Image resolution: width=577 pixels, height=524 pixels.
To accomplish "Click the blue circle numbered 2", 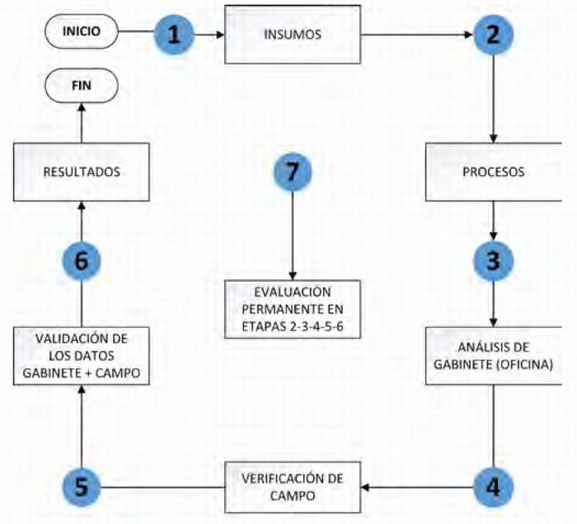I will (x=493, y=35).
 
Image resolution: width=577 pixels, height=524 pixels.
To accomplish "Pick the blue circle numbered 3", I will (x=493, y=260).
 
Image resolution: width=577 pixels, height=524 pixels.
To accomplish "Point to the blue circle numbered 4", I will (x=493, y=486).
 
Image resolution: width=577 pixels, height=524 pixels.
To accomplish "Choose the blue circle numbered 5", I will (x=82, y=488).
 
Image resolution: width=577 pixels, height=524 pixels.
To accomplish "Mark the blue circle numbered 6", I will (x=82, y=261).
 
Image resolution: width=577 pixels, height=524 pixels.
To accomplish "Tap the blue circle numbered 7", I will (x=293, y=173).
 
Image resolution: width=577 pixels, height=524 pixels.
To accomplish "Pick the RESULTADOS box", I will (x=82, y=173).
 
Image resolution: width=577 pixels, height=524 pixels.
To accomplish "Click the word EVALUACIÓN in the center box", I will (x=293, y=293).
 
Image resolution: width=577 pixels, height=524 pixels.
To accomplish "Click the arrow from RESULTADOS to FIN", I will (x=82, y=124).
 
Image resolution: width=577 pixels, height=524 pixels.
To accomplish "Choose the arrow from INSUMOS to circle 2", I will (x=416, y=35).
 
